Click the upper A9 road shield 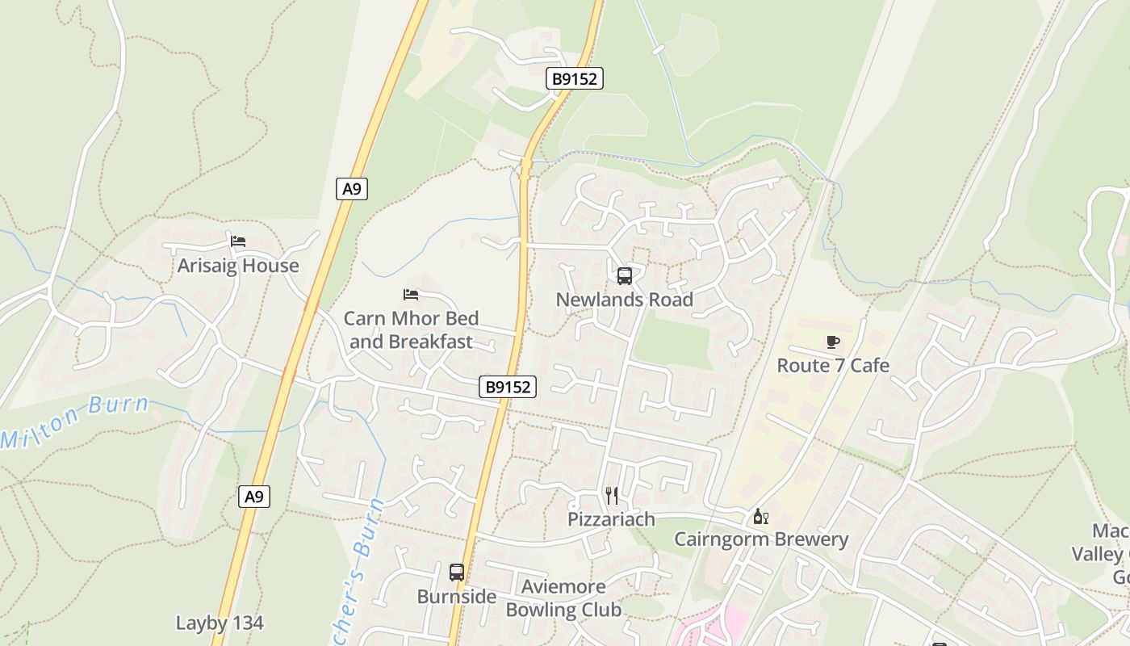pos(351,189)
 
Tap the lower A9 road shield pos(254,497)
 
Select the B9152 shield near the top pos(575,78)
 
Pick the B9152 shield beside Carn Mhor pos(508,387)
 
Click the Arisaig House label pos(238,266)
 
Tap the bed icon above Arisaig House pos(238,241)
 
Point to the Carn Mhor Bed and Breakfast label pos(412,329)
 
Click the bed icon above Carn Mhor pos(411,295)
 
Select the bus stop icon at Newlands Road pos(625,276)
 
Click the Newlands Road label pos(625,300)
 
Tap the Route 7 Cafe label pos(833,365)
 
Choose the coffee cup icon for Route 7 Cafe pos(833,342)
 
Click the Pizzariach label pos(611,519)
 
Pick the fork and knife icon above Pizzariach pos(612,495)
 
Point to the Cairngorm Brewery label pos(761,539)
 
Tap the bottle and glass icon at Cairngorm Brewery pos(760,516)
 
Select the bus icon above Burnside pos(457,573)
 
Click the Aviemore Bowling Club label pos(563,598)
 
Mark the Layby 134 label pos(220,623)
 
